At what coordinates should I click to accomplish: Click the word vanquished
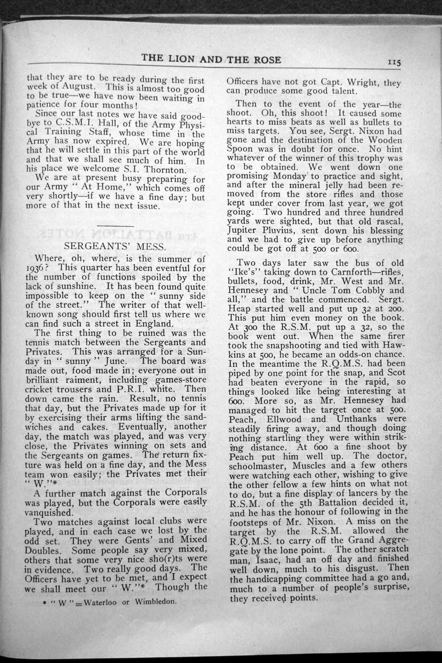[49, 512]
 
